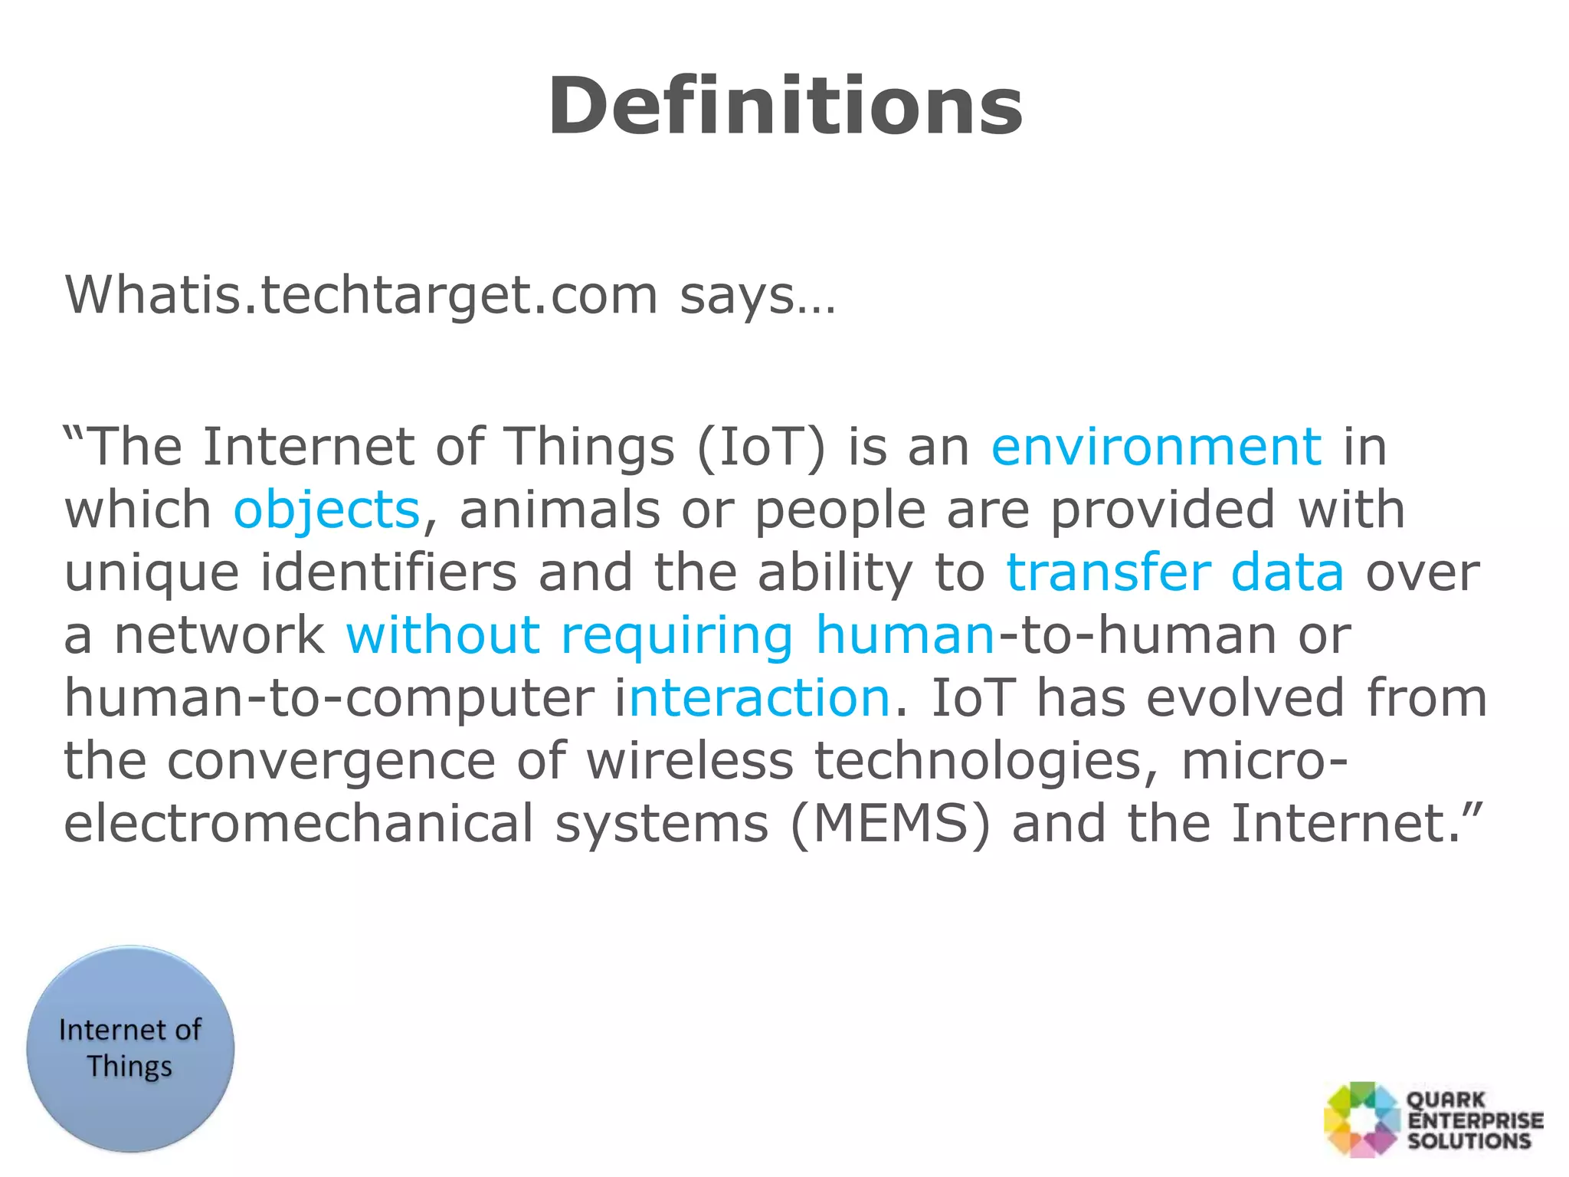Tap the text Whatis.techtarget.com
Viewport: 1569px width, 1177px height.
coord(361,295)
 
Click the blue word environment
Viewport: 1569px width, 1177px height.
coord(1156,447)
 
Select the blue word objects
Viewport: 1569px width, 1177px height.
coord(326,510)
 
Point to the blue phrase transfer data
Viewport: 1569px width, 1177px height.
coord(1174,573)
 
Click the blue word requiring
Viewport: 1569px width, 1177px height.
coord(677,636)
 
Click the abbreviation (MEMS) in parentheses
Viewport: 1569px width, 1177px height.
coord(889,825)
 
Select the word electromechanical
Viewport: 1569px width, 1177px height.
coord(298,825)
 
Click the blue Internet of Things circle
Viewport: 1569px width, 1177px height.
coord(130,1048)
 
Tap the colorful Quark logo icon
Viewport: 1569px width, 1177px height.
coord(1362,1119)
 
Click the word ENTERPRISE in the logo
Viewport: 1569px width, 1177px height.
coord(1475,1120)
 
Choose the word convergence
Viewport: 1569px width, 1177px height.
coord(331,762)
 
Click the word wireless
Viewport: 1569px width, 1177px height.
coord(690,762)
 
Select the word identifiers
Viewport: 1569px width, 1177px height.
coord(388,573)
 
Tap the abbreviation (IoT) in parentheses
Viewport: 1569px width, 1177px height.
coord(762,447)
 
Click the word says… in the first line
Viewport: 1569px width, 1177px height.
coord(757,295)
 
